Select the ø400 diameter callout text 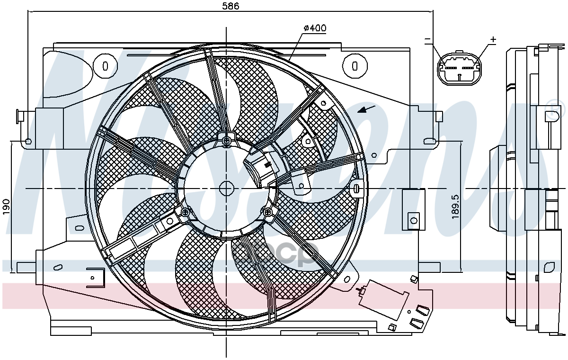315,28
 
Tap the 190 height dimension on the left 7,207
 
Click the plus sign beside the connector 493,40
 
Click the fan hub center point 227,189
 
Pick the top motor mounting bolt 227,140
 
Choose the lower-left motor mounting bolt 185,213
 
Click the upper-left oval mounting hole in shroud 105,65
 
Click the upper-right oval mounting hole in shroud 355,65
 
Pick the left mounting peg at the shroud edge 21,115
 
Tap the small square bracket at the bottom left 95,277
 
